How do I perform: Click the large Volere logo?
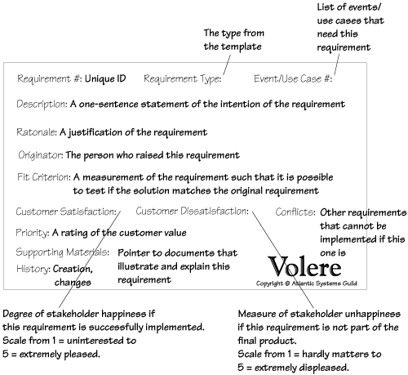pyautogui.click(x=304, y=266)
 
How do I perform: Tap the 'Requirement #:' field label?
pyautogui.click(x=50, y=79)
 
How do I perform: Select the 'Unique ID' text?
pyautogui.click(x=105, y=79)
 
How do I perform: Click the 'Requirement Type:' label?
pyautogui.click(x=183, y=79)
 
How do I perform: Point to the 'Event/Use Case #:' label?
pyautogui.click(x=293, y=78)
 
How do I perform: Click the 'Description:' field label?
pyautogui.click(x=42, y=105)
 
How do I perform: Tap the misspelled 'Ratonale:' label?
pyautogui.click(x=37, y=132)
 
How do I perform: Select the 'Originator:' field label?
pyautogui.click(x=41, y=155)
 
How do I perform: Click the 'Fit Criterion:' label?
pyautogui.click(x=44, y=177)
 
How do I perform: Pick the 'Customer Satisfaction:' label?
pyautogui.click(x=66, y=212)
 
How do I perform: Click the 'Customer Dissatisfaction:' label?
pyautogui.click(x=192, y=211)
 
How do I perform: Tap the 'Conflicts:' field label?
pyautogui.click(x=295, y=212)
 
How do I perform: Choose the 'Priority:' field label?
pyautogui.click(x=33, y=233)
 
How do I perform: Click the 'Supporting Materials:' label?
pyautogui.click(x=63, y=252)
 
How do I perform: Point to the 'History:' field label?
pyautogui.click(x=33, y=269)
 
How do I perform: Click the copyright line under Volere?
pyautogui.click(x=307, y=283)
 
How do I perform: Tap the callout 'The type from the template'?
pyautogui.click(x=234, y=40)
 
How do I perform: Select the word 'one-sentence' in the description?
pyautogui.click(x=109, y=104)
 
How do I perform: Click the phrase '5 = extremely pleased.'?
pyautogui.click(x=51, y=355)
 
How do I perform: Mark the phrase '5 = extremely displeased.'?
pyautogui.click(x=293, y=368)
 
